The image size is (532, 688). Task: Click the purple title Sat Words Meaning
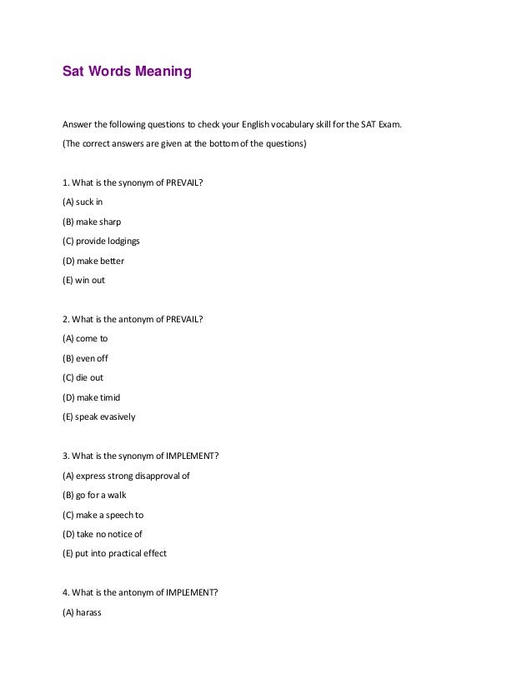tap(127, 72)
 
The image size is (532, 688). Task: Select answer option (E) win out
tap(84, 280)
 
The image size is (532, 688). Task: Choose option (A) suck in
tap(83, 202)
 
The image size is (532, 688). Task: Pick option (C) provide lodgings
tap(101, 241)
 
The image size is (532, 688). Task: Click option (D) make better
tap(93, 261)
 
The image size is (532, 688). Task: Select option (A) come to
tap(86, 338)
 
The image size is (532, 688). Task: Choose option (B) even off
tap(86, 358)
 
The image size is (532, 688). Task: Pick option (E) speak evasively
tap(99, 416)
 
